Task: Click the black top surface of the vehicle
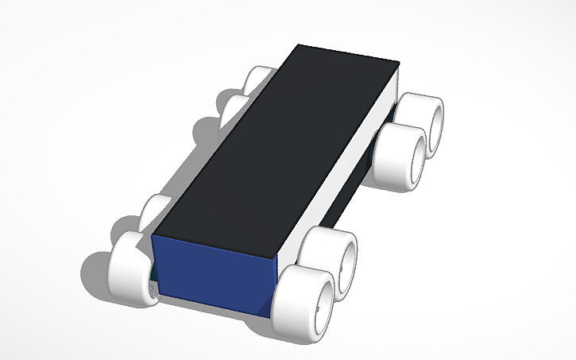pos(278,151)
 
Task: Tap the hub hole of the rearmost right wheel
pos(436,124)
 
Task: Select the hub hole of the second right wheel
pos(350,261)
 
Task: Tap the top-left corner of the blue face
pos(153,235)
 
